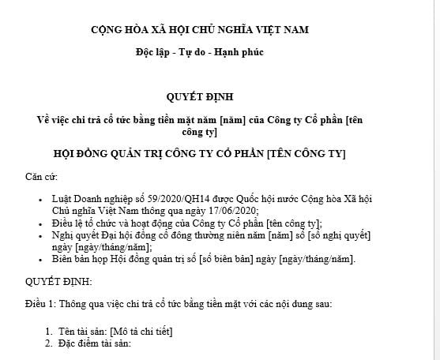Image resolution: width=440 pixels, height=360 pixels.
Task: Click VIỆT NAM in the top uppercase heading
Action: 278,30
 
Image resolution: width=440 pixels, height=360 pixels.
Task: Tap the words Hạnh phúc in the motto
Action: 243,52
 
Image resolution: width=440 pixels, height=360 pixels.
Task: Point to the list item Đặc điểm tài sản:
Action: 98,343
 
